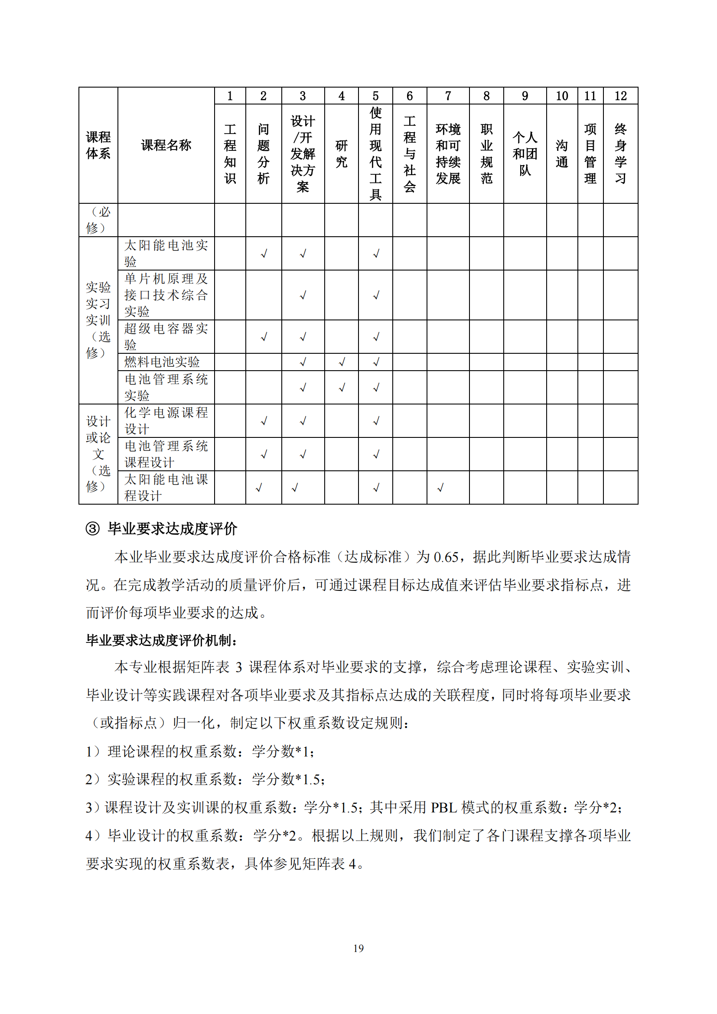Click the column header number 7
pos(448,96)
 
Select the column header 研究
pos(341,154)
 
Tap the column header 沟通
pos(561,154)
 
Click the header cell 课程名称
pos(166,145)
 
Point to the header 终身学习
pos(620,154)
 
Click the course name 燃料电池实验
pos(162,362)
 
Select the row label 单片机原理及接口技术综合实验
pos(166,295)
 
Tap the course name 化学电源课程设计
pos(166,421)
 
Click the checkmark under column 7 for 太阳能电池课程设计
pos(440,488)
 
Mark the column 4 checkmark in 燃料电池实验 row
pos(342,362)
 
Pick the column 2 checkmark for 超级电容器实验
pos(264,337)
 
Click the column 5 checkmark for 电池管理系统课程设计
pos(376,454)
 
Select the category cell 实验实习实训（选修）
pos(98,320)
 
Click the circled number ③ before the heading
pos(92,528)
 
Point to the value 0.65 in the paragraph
pos(446,558)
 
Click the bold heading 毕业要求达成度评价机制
pos(161,640)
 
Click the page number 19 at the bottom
pos(358,948)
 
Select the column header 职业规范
pos(486,154)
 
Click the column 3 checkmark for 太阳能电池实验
pos(303,254)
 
